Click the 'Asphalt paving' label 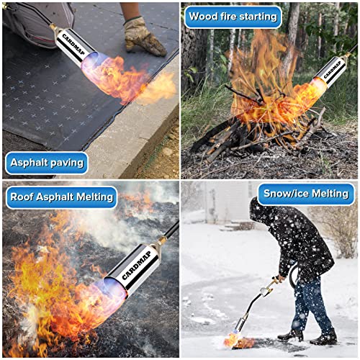pos(46,163)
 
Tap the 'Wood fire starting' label pos(233,16)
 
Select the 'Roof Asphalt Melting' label pos(60,196)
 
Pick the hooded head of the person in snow pos(264,213)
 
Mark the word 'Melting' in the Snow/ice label pos(325,194)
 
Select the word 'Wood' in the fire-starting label pos(205,16)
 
